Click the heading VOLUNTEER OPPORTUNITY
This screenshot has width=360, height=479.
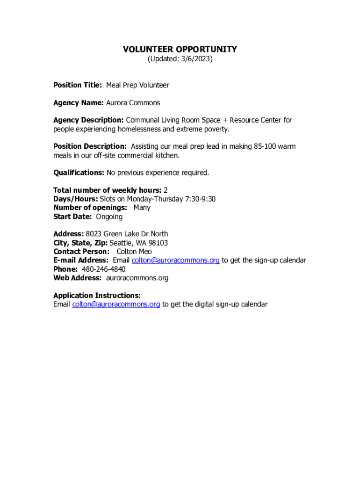(x=180, y=49)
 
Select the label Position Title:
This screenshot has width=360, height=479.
(x=78, y=85)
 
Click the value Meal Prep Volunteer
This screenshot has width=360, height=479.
(x=137, y=85)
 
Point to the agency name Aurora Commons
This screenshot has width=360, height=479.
(x=133, y=102)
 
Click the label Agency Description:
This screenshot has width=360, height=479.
(x=88, y=120)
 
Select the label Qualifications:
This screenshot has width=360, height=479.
(x=79, y=173)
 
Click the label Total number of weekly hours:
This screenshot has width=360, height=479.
(x=108, y=190)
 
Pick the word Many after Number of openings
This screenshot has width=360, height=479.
(x=142, y=208)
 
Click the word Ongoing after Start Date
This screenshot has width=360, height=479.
(x=109, y=217)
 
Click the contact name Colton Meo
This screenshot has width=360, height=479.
(x=134, y=252)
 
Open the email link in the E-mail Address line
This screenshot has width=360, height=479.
(x=176, y=260)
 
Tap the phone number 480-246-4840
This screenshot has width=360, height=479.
(x=104, y=269)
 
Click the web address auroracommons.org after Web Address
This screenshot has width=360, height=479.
(x=137, y=278)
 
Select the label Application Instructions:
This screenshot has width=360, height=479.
(x=97, y=296)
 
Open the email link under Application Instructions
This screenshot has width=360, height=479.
(x=116, y=305)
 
